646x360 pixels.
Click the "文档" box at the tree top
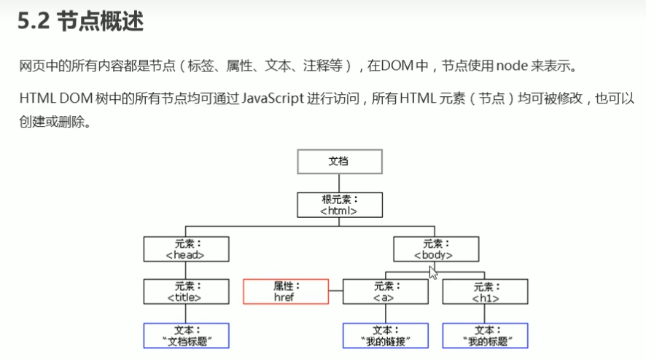tap(339, 161)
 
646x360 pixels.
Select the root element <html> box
tap(339, 205)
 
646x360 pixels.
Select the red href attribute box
tap(285, 291)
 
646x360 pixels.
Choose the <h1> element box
tap(485, 291)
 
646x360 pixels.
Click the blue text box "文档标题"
tap(186, 335)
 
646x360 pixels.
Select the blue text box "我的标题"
tap(485, 335)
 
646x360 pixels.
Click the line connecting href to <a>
tap(335, 291)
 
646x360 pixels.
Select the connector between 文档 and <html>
tap(339, 183)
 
